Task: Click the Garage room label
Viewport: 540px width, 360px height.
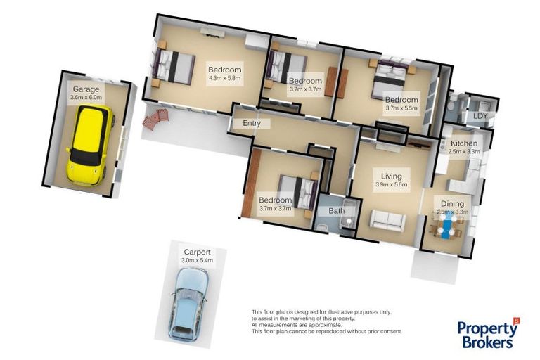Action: pos(86,89)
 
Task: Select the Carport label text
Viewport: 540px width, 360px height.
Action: pos(197,252)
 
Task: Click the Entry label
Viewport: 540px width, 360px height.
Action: pos(251,124)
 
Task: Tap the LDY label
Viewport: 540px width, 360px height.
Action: pos(480,116)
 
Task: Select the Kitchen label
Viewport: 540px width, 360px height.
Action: pos(463,143)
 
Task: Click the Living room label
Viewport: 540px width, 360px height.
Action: pos(390,176)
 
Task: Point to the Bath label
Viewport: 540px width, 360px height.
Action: pos(336,210)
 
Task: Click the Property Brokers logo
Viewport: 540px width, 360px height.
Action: pos(488,333)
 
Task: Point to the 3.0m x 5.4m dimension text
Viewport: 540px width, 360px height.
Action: pos(198,260)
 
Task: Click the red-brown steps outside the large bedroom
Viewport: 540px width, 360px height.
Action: pos(155,119)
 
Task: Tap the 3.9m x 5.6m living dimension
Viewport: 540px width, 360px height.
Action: pos(390,185)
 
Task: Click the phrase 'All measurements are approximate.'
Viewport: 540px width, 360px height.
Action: pos(296,326)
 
